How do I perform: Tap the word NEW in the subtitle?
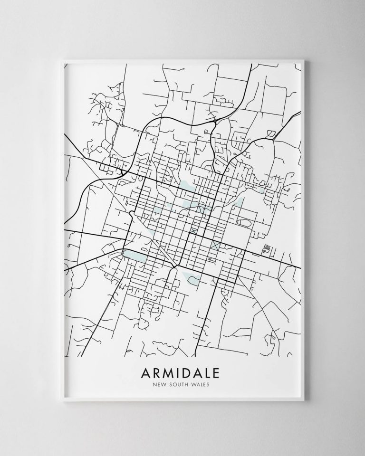point(160,385)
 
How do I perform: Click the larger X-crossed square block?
point(215,246)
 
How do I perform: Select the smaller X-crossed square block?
point(193,230)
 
